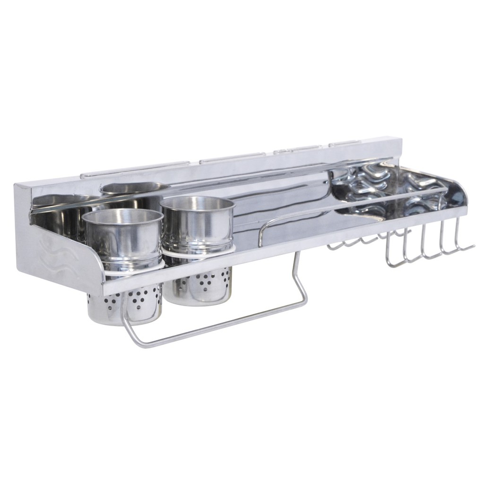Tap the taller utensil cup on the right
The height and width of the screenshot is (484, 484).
(198, 227)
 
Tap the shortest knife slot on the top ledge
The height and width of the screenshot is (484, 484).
(345, 142)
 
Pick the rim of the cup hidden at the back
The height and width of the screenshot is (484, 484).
(134, 187)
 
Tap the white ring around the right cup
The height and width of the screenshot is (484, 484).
(199, 253)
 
